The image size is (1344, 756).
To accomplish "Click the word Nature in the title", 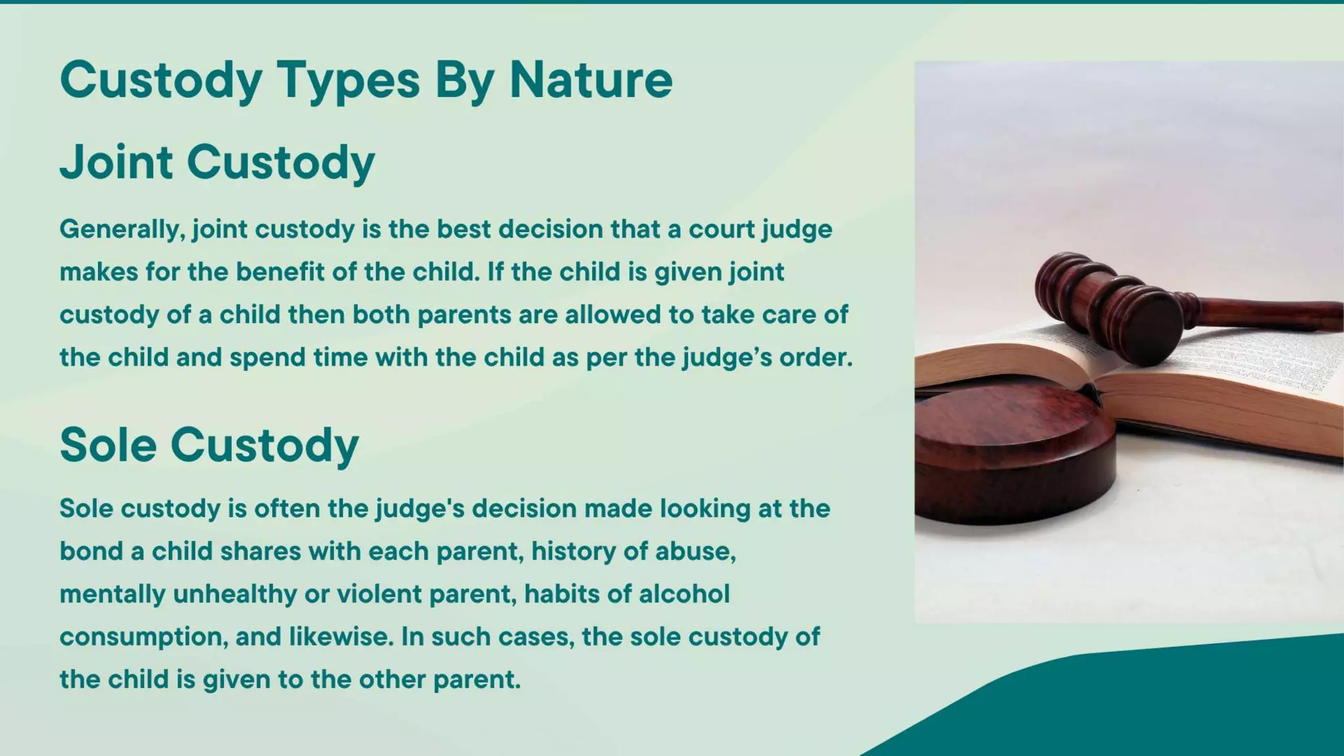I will [591, 80].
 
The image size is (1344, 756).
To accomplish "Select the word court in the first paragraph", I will [722, 230].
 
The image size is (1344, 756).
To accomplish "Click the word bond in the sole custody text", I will [91, 551].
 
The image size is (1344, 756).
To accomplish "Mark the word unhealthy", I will [234, 595].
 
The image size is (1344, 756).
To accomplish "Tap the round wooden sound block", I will [1011, 453].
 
